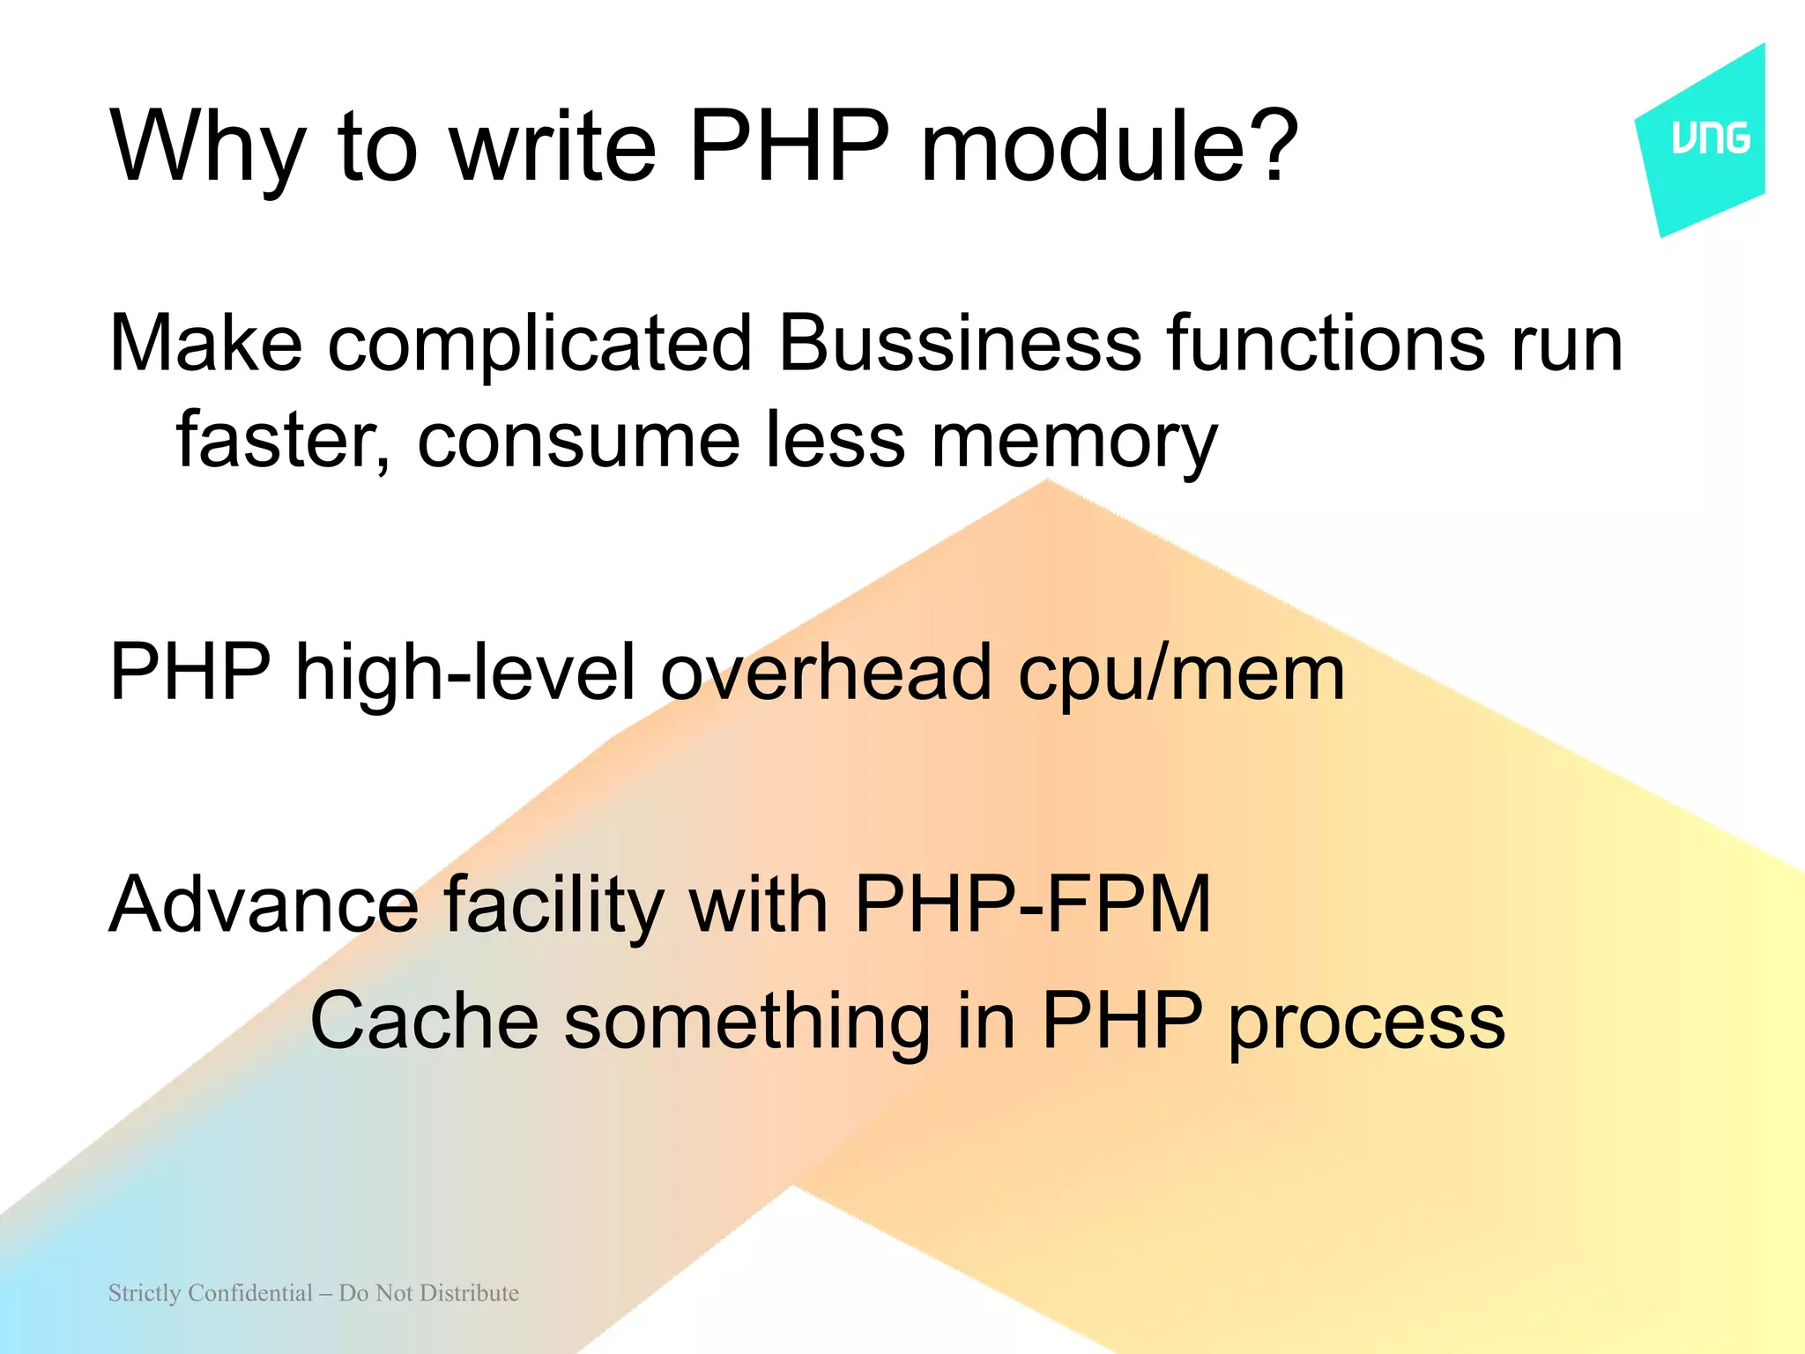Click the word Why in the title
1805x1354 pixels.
coord(208,146)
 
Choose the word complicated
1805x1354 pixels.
coord(539,344)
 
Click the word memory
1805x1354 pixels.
coord(1074,441)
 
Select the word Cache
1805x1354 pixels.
coord(424,1020)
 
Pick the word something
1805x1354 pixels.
coord(747,1022)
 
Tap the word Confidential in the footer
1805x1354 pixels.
coord(250,1293)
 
